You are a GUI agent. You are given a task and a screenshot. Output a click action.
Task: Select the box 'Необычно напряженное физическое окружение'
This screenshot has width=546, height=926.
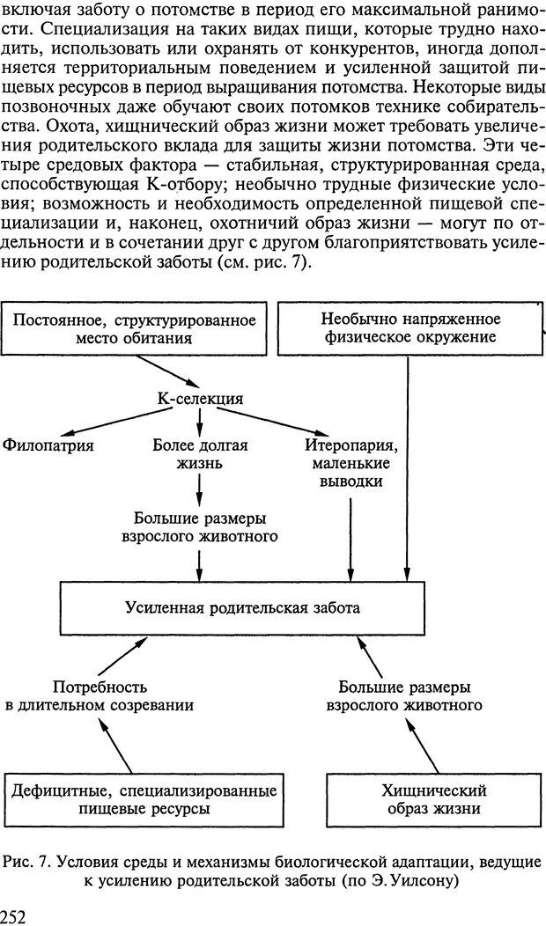tap(409, 328)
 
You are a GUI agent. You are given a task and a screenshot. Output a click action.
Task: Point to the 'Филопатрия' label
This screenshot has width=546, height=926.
tap(48, 445)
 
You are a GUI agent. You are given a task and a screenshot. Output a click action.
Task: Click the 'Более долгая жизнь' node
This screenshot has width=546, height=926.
tap(200, 454)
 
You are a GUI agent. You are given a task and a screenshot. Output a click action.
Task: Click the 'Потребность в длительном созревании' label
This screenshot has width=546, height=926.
tap(100, 695)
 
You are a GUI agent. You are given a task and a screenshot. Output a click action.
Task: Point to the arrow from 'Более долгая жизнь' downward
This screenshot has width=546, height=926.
tap(200, 487)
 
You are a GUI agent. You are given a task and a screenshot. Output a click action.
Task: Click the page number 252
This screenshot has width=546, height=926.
tap(15, 915)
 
